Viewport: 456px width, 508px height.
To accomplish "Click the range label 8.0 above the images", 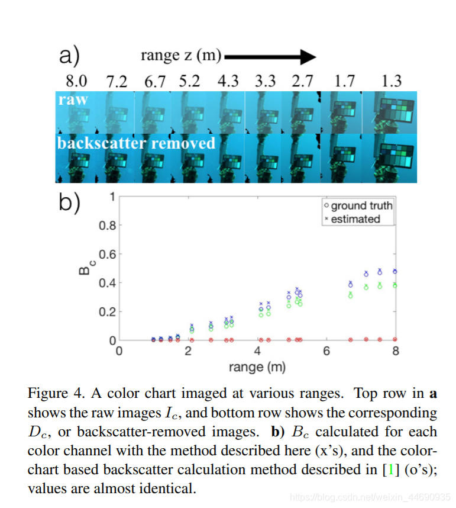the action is (75, 81).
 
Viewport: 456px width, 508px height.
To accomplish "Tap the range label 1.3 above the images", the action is (392, 81).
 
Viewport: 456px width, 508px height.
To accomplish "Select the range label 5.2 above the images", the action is (189, 81).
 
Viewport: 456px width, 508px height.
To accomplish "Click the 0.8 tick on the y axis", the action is (107, 226).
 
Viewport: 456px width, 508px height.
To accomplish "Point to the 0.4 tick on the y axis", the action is (107, 283).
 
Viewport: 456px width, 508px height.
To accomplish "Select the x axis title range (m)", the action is (257, 367).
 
